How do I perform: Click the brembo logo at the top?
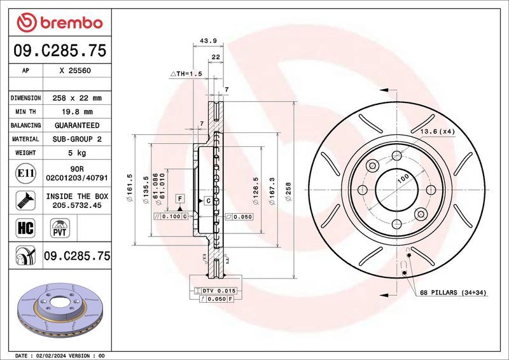click(60, 22)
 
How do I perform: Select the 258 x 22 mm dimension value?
click(76, 98)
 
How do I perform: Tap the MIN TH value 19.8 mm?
click(76, 112)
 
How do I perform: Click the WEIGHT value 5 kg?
click(76, 153)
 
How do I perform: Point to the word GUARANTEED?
click(76, 125)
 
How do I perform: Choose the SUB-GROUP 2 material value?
click(76, 139)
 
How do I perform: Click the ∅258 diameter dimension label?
click(288, 190)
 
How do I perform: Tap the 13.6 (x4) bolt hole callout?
click(436, 131)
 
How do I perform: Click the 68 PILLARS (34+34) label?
click(452, 293)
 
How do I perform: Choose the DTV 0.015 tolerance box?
click(219, 291)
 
